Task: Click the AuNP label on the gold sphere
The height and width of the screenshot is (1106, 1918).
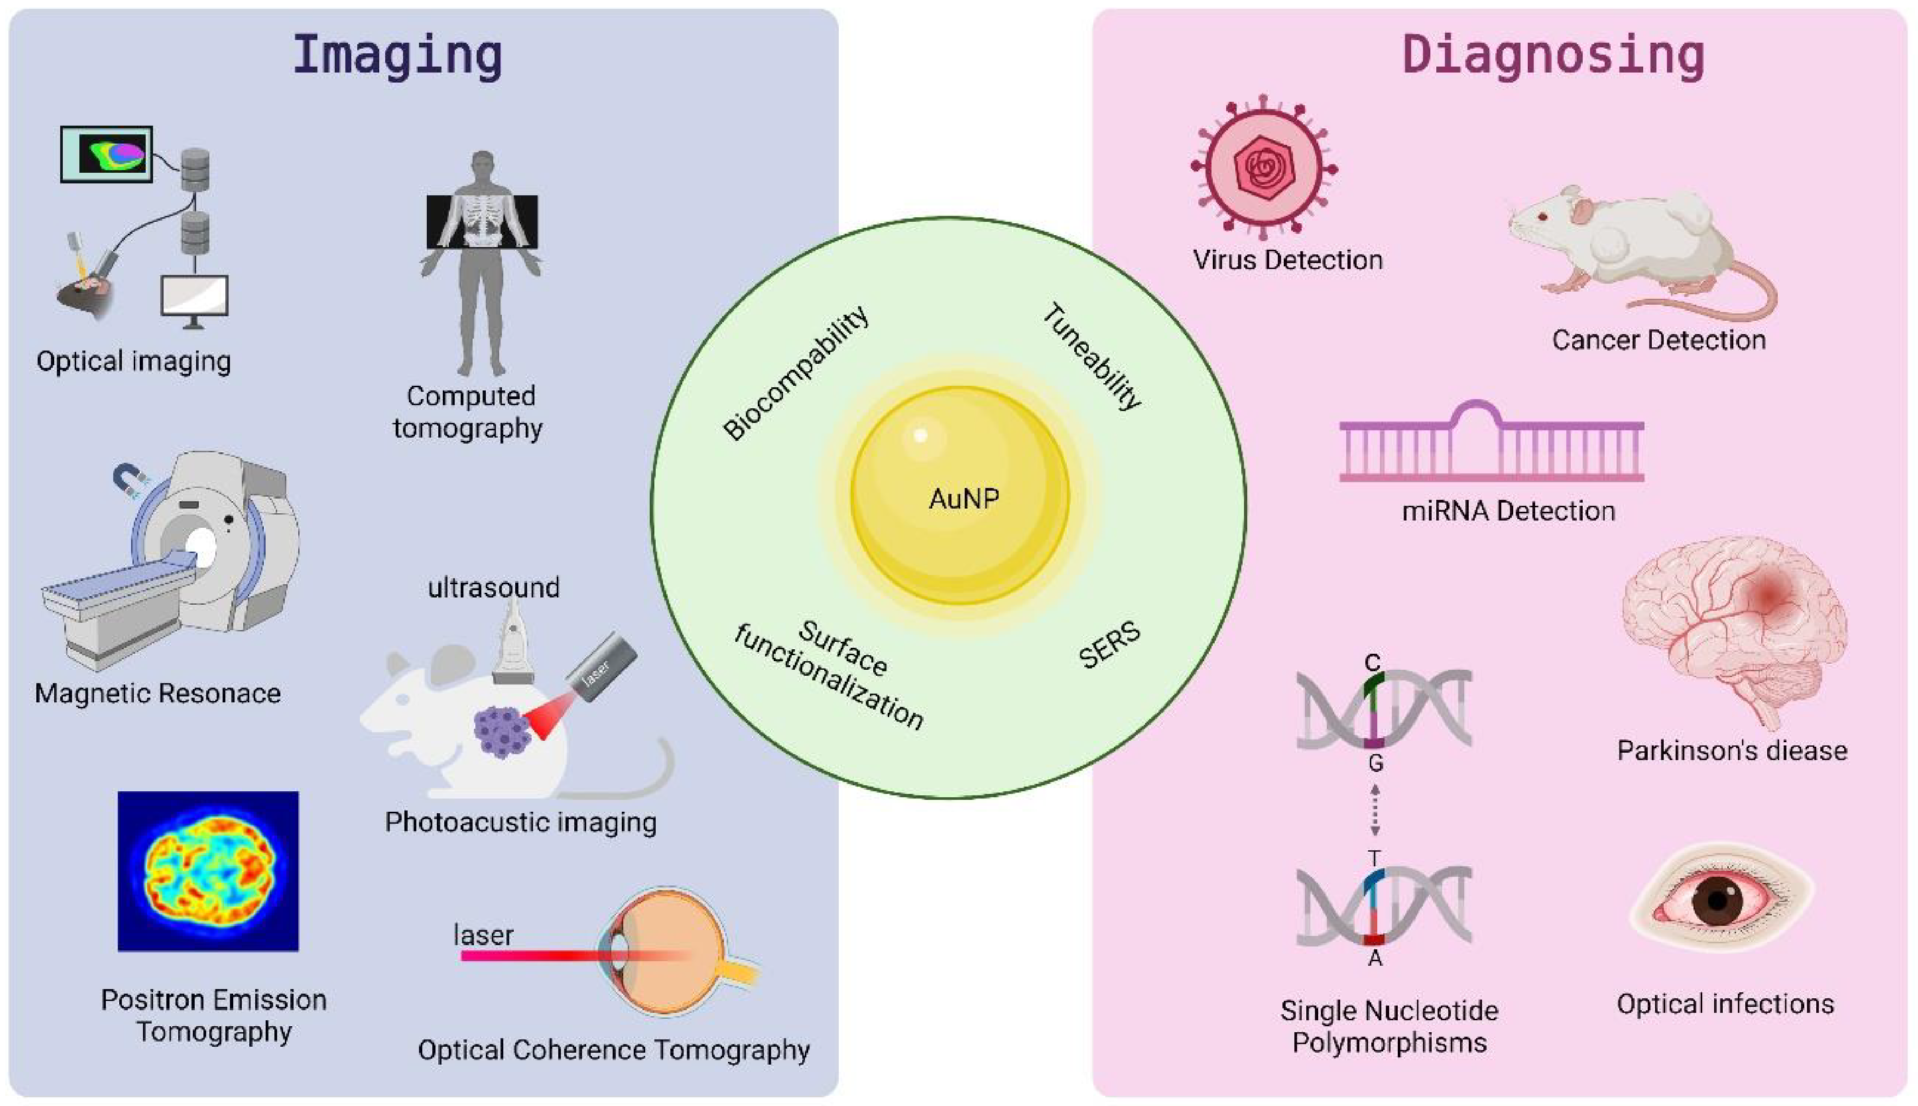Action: coord(963,499)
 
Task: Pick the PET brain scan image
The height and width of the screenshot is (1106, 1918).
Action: coord(208,870)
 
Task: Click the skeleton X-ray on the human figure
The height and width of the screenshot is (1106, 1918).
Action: coord(482,221)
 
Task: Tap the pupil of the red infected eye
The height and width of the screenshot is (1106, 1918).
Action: coord(1718,902)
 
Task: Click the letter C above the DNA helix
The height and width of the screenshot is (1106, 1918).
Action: coord(1372,662)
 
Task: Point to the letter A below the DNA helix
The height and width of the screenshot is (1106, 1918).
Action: coord(1375,959)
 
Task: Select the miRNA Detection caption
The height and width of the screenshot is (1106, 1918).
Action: coord(1508,511)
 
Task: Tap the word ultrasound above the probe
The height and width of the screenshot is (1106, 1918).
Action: coord(494,587)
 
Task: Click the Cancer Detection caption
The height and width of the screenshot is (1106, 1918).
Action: coord(1658,340)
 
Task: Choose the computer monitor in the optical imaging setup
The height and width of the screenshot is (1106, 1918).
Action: coord(195,297)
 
